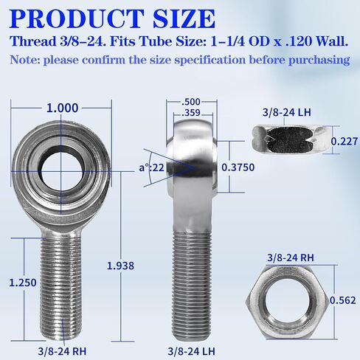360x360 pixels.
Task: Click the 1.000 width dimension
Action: pos(62,107)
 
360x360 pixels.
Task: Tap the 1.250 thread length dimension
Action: pos(23,281)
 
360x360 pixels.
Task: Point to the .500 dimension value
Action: pos(190,103)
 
